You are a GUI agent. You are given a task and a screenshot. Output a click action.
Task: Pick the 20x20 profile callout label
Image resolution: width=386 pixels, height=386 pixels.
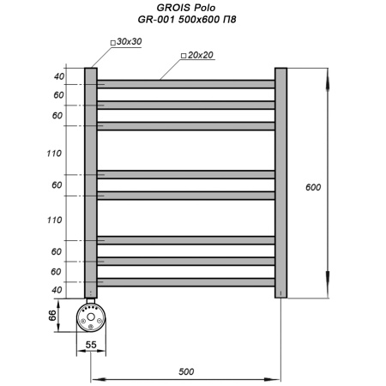click(198, 55)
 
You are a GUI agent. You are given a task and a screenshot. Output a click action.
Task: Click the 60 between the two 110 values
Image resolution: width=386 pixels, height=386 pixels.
click(57, 185)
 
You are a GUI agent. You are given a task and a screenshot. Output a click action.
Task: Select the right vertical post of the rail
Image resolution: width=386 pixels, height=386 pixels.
click(280, 183)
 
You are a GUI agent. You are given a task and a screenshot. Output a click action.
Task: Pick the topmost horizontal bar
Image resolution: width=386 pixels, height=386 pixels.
click(185, 84)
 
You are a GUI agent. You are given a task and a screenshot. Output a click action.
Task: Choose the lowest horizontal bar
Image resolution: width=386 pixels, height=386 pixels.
click(185, 281)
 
